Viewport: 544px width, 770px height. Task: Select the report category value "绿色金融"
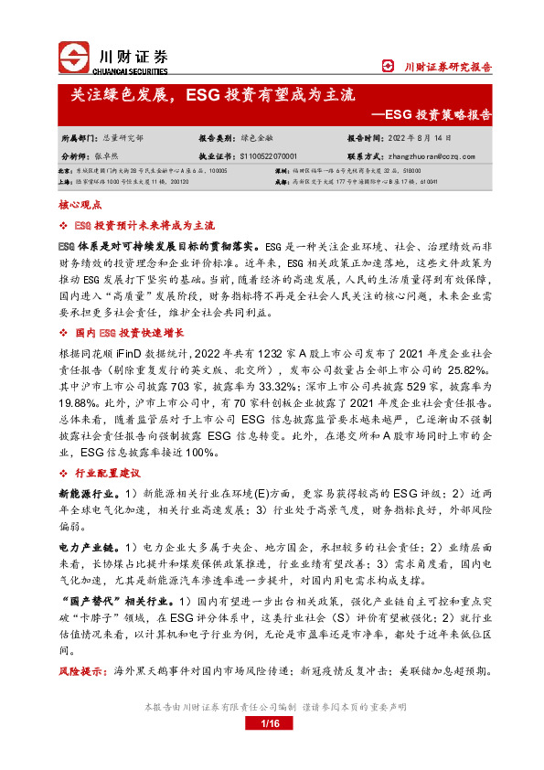258,139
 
